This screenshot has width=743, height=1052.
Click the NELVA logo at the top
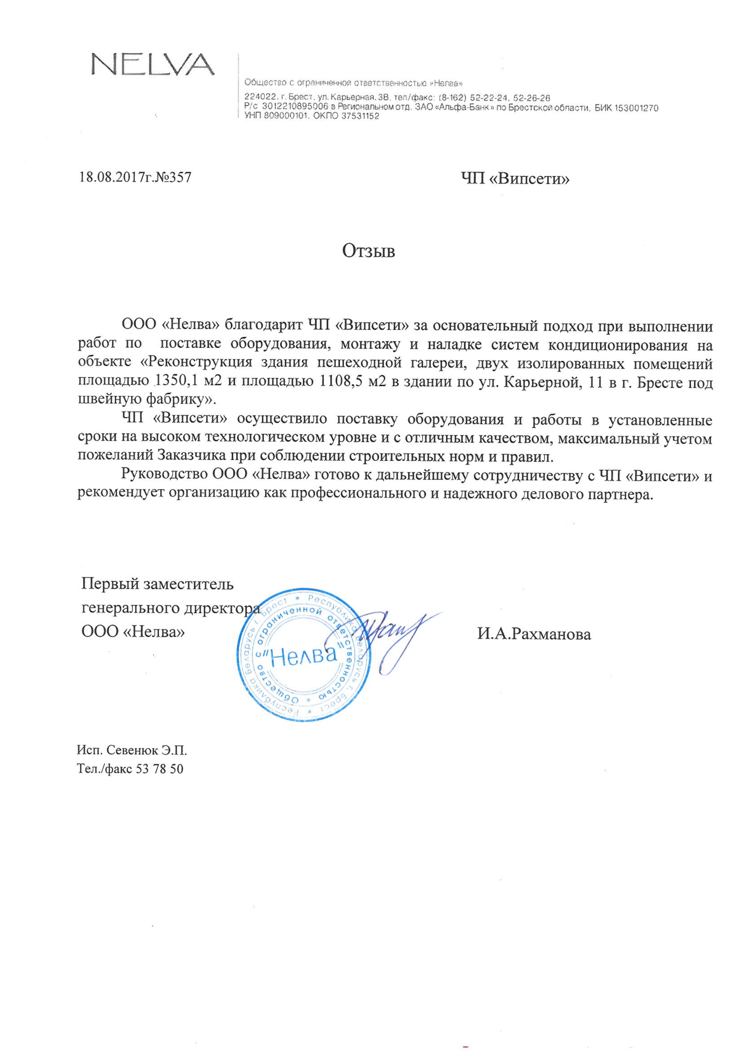click(x=153, y=64)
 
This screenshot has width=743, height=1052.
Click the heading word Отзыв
click(x=368, y=251)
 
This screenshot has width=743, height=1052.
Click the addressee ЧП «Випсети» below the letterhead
click(x=515, y=178)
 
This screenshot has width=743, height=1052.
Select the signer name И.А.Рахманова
click(x=534, y=634)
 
